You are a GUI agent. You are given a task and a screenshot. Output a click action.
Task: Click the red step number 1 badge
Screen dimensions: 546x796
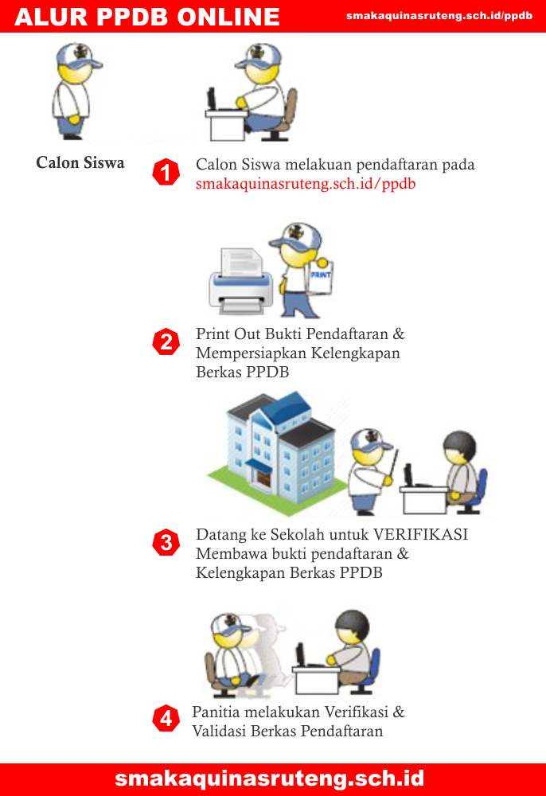pos(166,172)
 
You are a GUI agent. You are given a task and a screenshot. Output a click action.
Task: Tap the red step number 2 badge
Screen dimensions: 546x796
pos(166,341)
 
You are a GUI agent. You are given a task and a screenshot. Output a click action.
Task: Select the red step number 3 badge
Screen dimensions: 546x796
pos(166,543)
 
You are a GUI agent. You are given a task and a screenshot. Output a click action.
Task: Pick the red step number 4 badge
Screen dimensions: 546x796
pos(166,718)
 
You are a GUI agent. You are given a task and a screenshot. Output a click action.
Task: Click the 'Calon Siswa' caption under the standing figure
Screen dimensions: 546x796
pos(80,162)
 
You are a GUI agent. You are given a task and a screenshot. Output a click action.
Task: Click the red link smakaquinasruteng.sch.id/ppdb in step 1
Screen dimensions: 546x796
pos(306,184)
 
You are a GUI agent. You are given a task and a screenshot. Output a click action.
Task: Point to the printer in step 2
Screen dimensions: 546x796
pos(240,281)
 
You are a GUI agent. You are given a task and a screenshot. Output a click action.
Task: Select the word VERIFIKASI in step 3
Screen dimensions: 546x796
pos(421,535)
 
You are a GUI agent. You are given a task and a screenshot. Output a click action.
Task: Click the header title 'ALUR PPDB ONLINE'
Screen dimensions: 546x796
pos(147,17)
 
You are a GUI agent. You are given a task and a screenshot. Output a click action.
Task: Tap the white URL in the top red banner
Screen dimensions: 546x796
pos(439,16)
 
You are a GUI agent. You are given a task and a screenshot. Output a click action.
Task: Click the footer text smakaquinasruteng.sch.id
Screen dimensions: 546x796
pos(270,778)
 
